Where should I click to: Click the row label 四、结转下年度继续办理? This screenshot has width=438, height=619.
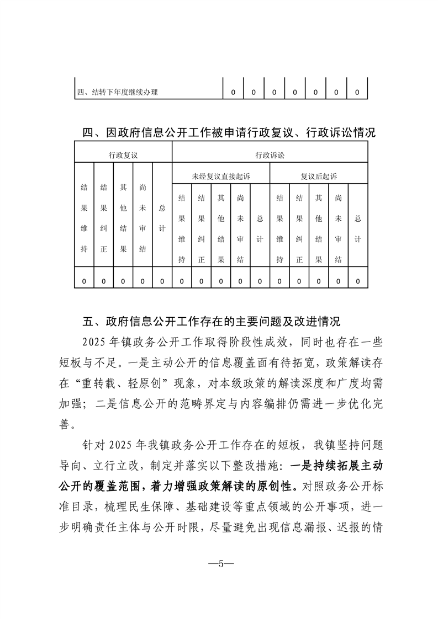pos(118,92)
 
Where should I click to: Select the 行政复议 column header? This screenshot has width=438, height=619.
pos(123,156)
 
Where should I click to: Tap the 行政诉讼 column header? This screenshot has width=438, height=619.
pos(270,156)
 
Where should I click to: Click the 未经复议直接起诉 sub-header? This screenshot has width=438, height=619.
pos(221,177)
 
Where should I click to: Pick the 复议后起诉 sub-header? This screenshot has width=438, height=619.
pos(319,177)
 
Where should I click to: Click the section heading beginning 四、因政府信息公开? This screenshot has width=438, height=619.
pos(229,133)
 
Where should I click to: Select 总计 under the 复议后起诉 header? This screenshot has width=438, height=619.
pos(358,228)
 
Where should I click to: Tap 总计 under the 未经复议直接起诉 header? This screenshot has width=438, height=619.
pos(260,228)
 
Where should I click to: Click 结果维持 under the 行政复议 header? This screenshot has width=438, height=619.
pos(84,217)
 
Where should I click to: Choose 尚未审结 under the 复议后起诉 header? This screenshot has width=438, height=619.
pos(338,228)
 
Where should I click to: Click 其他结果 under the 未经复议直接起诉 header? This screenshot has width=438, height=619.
pos(221,228)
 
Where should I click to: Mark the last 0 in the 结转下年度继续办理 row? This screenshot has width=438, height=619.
pos(357,92)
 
